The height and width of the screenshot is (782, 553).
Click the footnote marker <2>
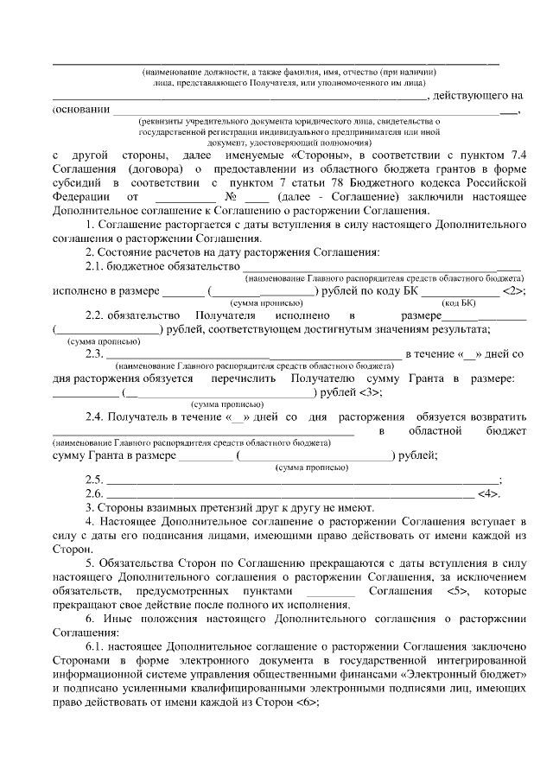512,290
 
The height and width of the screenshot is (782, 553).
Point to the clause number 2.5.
94,480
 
